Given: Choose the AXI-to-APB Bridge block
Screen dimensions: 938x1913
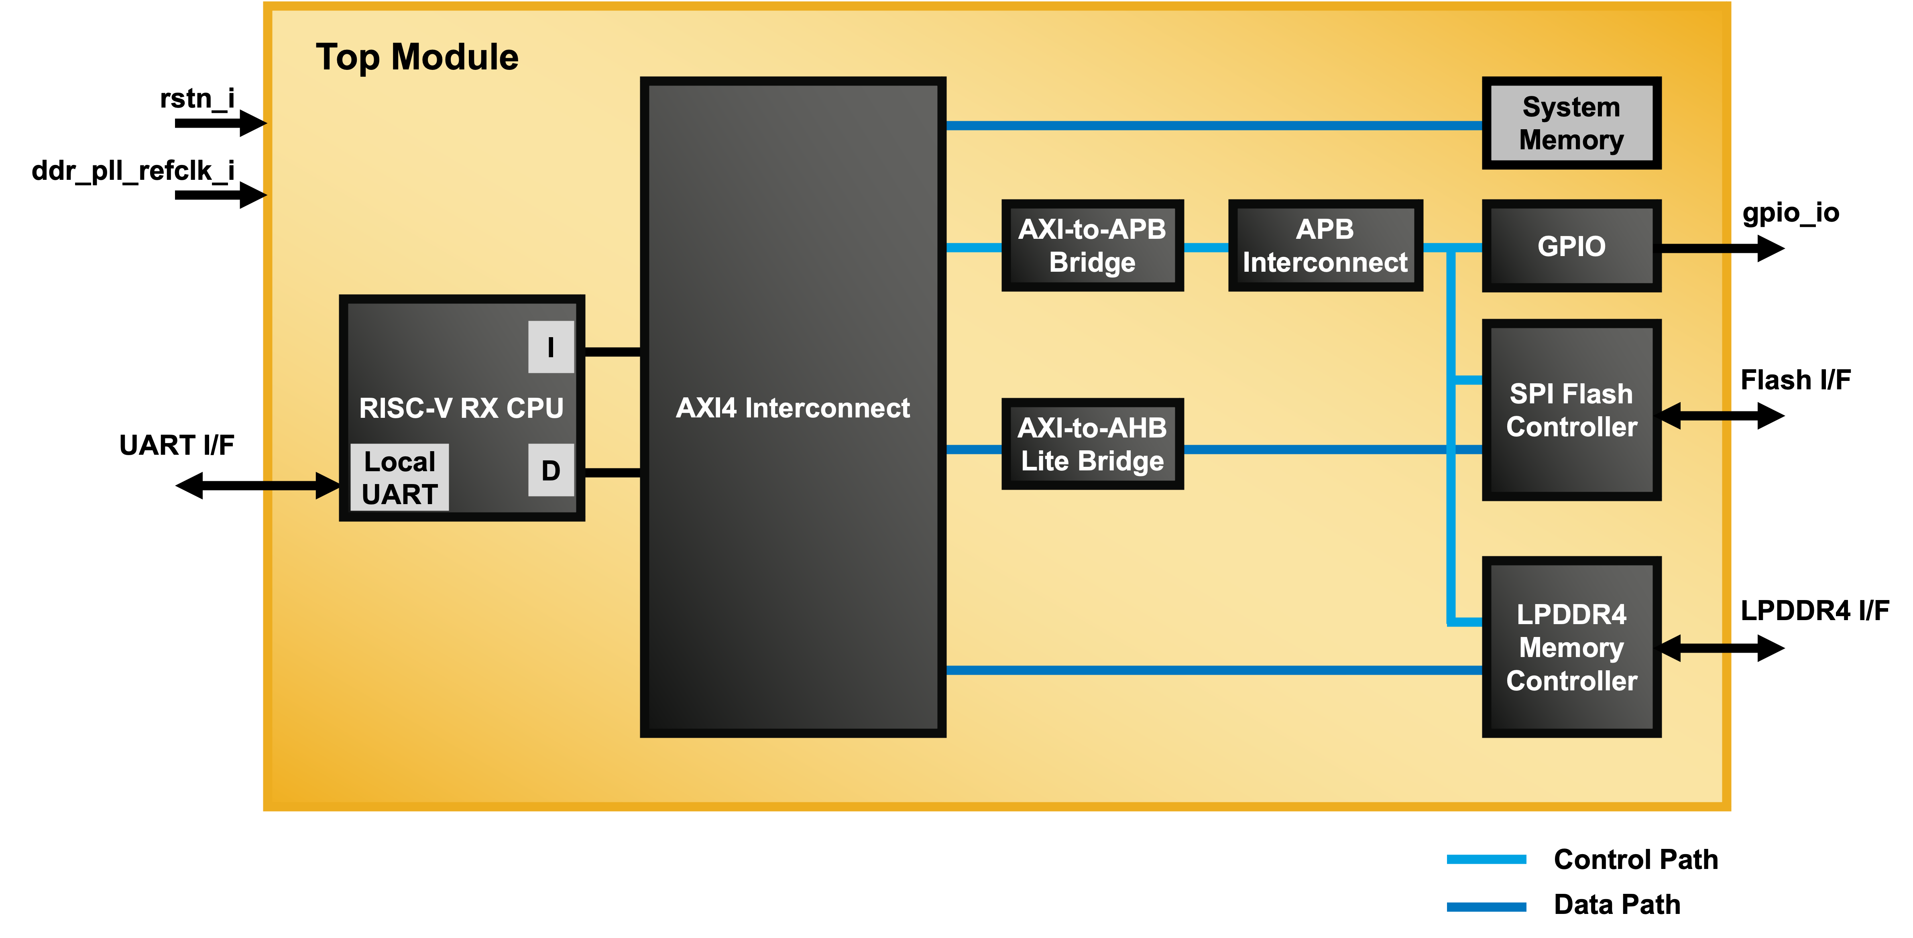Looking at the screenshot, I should (1092, 245).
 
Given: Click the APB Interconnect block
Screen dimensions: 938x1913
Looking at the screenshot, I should (1325, 245).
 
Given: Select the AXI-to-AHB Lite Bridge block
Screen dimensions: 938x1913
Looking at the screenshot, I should (1092, 444).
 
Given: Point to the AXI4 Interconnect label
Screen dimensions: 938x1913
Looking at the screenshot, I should (792, 408).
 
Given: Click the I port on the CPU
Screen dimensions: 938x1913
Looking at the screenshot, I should (550, 347).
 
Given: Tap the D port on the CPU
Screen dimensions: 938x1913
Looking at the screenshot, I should (550, 470).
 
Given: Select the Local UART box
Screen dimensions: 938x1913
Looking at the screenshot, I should (399, 478).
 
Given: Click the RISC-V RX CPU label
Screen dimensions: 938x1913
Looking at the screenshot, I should (460, 408).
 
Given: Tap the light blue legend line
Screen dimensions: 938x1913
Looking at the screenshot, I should (1486, 859).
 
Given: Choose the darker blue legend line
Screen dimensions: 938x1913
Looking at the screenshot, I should (1486, 907).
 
